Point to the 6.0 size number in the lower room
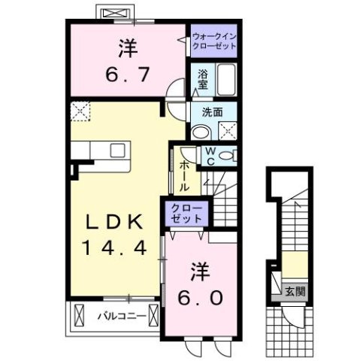point(200,297)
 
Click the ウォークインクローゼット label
point(213,41)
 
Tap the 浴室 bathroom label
point(203,78)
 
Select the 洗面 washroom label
point(213,112)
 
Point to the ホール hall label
point(184,176)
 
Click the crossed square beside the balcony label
point(79,316)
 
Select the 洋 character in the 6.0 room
point(200,269)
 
